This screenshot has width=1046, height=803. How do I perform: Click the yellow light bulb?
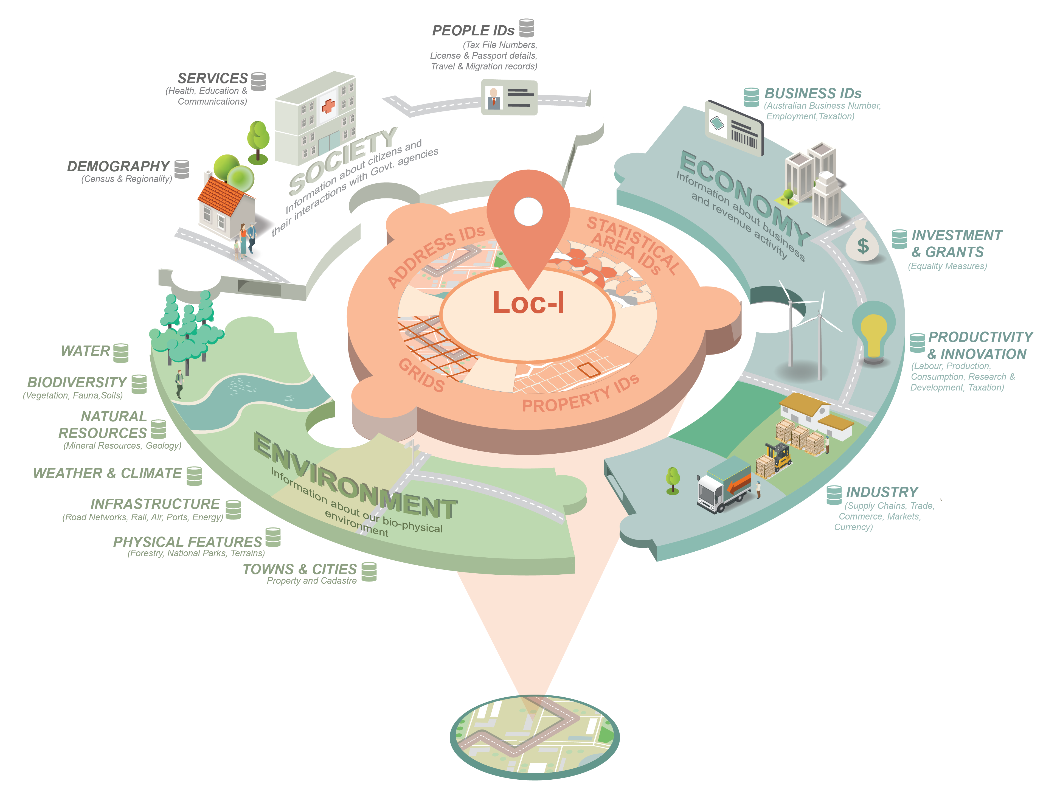(873, 335)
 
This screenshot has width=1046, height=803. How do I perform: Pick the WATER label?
(85, 351)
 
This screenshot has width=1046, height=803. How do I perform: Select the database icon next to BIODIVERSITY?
(139, 384)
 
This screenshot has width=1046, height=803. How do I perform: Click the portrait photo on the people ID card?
(494, 98)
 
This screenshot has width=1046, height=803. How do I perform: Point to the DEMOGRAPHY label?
(118, 166)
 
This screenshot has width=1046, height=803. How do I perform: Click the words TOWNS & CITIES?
(300, 569)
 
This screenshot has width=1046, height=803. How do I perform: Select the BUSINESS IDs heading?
(813, 93)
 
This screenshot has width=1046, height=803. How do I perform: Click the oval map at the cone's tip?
(534, 736)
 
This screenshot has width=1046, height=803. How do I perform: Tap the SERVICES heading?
(213, 78)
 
